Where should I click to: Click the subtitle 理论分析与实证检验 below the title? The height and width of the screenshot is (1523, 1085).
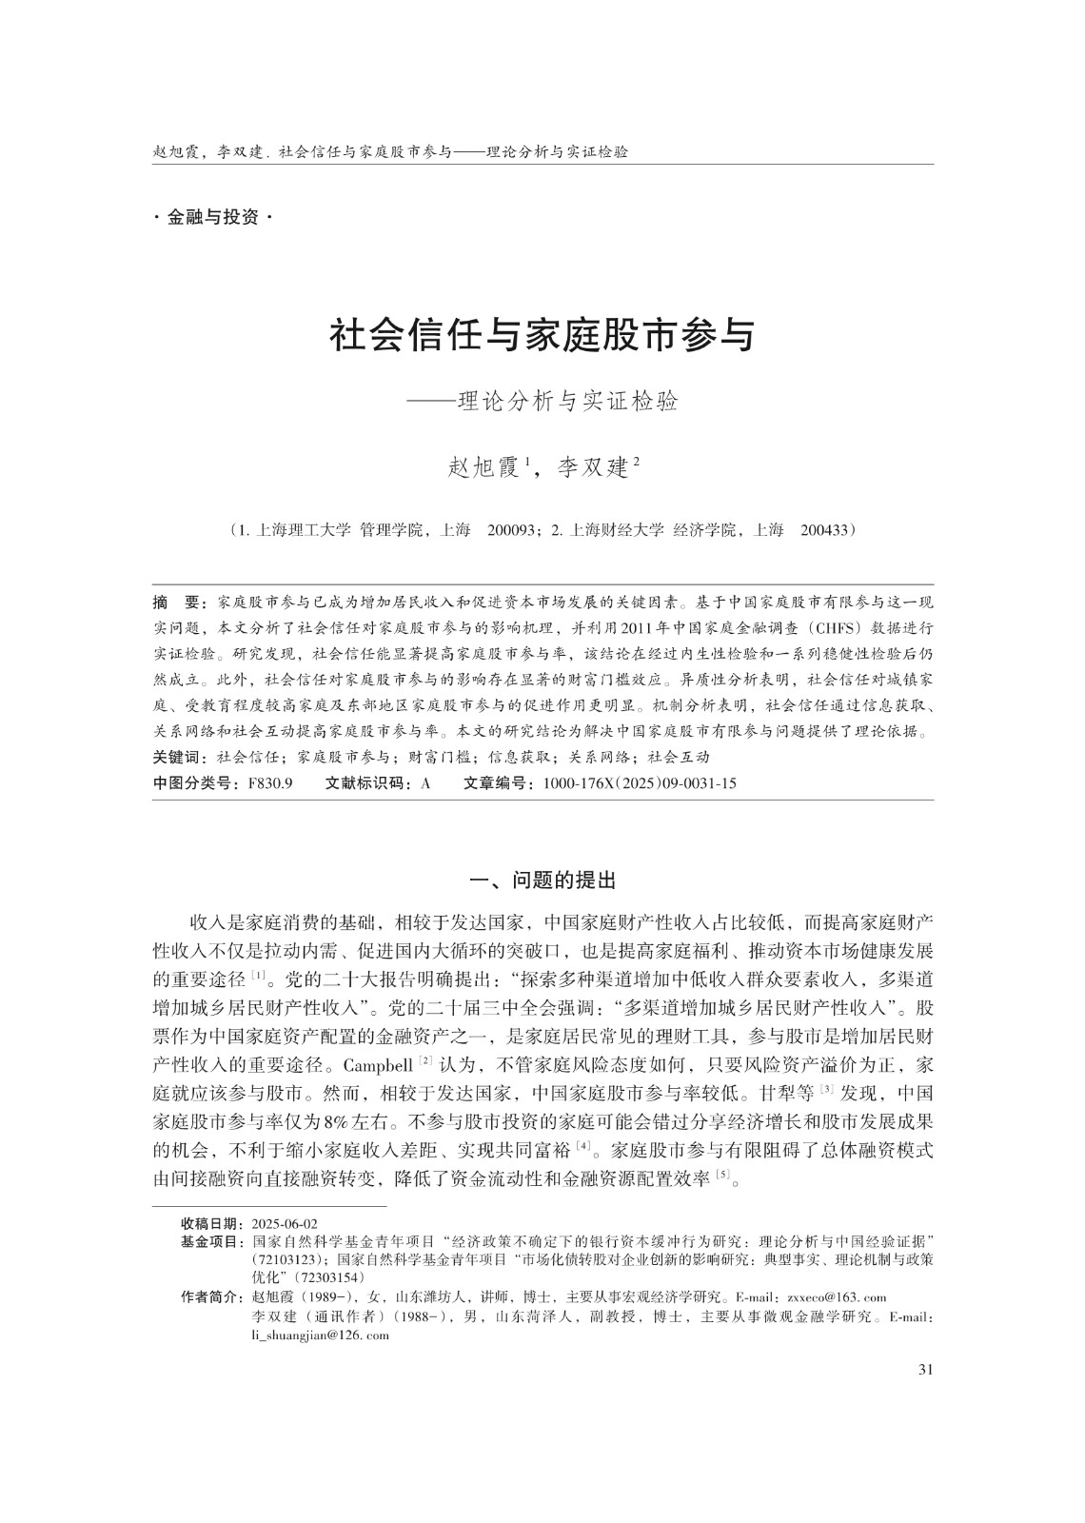(567, 402)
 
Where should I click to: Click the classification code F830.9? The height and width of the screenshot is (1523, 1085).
(269, 783)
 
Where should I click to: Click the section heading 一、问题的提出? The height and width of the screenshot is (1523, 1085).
(542, 880)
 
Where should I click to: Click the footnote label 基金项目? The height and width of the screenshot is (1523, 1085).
(212, 1242)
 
